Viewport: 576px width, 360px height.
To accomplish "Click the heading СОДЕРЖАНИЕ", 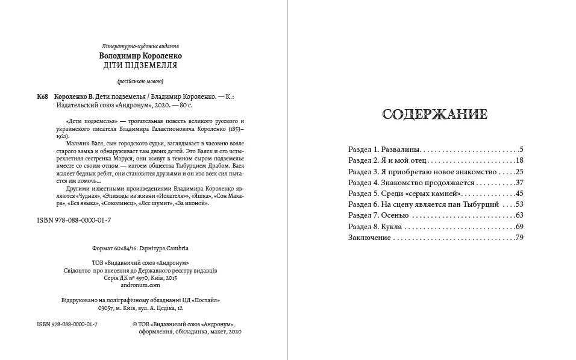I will pyautogui.click(x=435, y=115).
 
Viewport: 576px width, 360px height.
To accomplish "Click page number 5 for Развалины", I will pyautogui.click(x=521, y=148).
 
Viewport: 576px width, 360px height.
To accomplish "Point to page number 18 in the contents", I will pyautogui.click(x=519, y=160).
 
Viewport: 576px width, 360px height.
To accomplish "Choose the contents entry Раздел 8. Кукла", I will pyautogui.click(x=375, y=227).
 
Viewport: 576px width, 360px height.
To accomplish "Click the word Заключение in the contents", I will pyautogui.click(x=370, y=238).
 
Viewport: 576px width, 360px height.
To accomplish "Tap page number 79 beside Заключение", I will pyautogui.click(x=519, y=238).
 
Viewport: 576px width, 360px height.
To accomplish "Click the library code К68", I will pyautogui.click(x=42, y=96).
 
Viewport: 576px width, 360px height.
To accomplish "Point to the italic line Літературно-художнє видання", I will pyautogui.click(x=142, y=46).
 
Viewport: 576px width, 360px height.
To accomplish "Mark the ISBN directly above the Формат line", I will pyautogui.click(x=74, y=221).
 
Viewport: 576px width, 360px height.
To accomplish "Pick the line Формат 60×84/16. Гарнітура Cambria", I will pyautogui.click(x=142, y=248).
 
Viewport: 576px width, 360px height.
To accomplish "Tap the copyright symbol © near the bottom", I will pyautogui.click(x=134, y=324).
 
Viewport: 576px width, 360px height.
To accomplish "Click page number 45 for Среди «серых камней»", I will pyautogui.click(x=519, y=193).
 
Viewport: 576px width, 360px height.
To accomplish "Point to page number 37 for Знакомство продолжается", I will pyautogui.click(x=519, y=182).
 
